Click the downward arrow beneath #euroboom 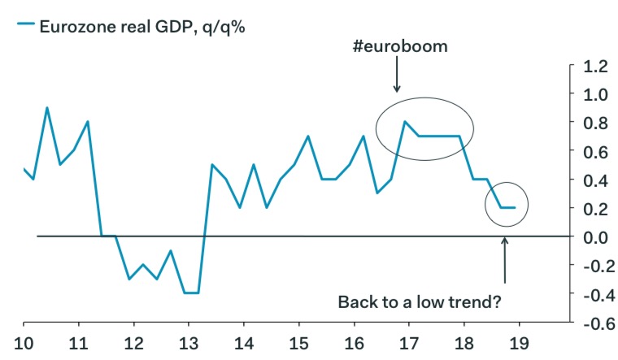397,78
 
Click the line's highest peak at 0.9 46,108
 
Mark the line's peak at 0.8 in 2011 88,122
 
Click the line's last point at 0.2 515,208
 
